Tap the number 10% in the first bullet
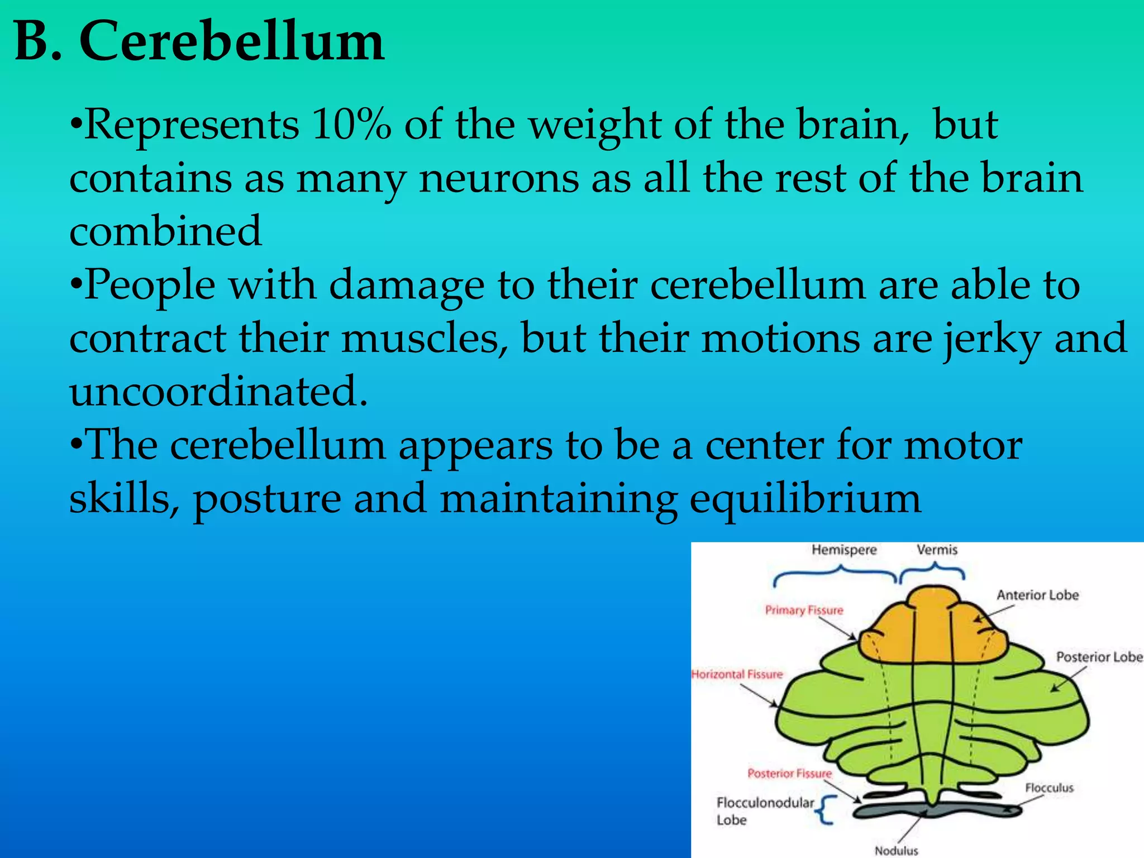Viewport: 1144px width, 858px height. point(351,124)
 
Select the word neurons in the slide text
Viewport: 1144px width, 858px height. point(499,178)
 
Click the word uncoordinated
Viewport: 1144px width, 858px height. point(218,391)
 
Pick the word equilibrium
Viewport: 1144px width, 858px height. point(805,498)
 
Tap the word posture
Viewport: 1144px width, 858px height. point(267,498)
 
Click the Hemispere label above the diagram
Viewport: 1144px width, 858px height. point(844,550)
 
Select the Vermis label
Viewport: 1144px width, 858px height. point(937,550)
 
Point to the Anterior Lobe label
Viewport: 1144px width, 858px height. point(1037,595)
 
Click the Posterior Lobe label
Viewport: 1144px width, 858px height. point(1099,657)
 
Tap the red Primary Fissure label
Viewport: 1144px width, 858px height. point(804,610)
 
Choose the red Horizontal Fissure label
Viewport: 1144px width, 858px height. point(737,674)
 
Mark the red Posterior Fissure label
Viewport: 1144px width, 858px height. point(789,774)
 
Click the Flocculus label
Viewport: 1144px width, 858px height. point(1049,788)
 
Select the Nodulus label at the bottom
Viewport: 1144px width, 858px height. point(896,851)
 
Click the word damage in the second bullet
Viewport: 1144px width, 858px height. point(406,285)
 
